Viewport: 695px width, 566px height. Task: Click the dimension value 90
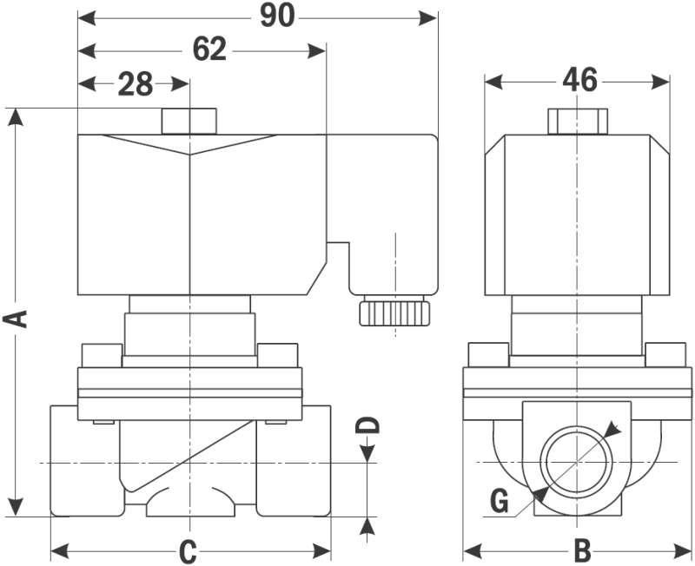click(x=278, y=16)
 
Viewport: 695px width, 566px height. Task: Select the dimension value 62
click(x=209, y=49)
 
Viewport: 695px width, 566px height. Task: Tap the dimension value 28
click(x=135, y=83)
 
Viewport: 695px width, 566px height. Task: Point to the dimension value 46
click(x=579, y=81)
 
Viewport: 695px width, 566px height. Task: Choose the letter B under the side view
click(x=581, y=550)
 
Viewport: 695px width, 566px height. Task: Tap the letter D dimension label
click(x=370, y=425)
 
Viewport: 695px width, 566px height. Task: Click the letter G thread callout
click(x=498, y=501)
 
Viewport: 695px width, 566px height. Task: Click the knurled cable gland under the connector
click(x=394, y=311)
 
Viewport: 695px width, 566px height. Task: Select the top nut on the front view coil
click(x=189, y=122)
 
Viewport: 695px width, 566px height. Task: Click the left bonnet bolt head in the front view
click(x=100, y=357)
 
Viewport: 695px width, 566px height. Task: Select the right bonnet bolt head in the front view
click(x=278, y=357)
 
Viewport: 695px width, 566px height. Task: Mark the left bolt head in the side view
click(x=487, y=355)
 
